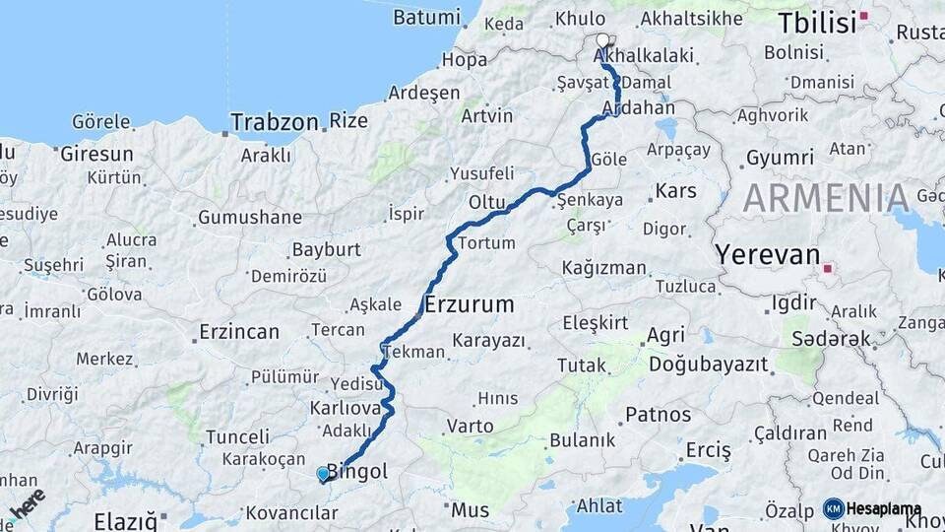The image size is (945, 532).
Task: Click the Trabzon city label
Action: coord(274,123)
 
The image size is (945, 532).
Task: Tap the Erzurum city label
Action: coord(470,304)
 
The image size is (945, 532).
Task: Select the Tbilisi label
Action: coord(817,22)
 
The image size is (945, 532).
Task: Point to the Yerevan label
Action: coord(768,255)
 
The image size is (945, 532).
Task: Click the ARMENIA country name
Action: coord(826,198)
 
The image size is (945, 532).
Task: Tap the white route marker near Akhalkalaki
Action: coord(602,40)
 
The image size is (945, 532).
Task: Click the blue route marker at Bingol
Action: coord(323,474)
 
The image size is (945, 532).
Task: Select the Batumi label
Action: coord(426,17)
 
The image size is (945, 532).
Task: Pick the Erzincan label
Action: coord(239,331)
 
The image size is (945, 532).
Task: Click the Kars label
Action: coord(675,190)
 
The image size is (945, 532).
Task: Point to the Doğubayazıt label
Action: coord(708,366)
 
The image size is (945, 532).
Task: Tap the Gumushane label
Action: coord(250,217)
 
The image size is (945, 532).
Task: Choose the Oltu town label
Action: coord(486,202)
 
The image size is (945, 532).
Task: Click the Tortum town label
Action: coord(486,243)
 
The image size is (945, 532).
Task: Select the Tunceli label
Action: coord(238,436)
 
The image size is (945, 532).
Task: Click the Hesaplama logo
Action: coord(872,508)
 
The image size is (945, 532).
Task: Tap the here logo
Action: coord(27,503)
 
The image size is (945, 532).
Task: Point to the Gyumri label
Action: coord(780,158)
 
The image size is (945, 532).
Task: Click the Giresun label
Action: coord(96,154)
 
